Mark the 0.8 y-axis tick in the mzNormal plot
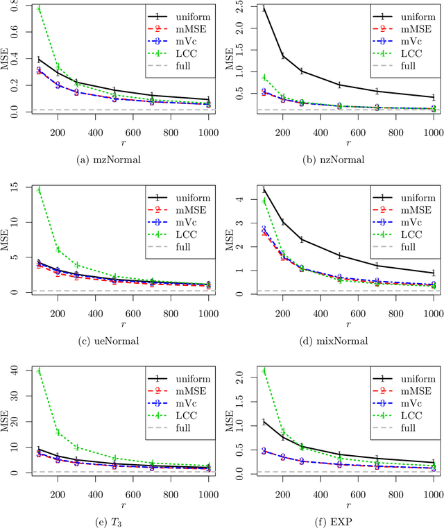[x=20, y=8]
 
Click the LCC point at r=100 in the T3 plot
[x=38, y=371]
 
